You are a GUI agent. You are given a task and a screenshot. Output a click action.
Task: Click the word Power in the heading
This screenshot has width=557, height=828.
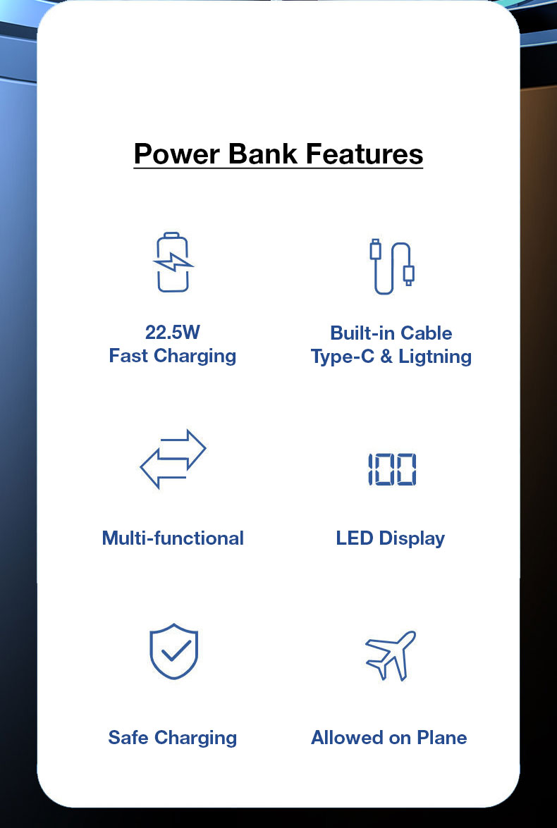tap(176, 154)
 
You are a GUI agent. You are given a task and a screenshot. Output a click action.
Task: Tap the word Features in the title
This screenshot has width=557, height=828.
tap(365, 154)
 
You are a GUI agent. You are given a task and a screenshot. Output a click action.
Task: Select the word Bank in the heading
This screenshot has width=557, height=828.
tap(263, 154)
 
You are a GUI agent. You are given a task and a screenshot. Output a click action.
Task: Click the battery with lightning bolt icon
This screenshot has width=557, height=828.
tap(173, 262)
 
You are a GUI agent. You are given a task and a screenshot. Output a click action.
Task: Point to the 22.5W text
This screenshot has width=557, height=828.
tap(172, 332)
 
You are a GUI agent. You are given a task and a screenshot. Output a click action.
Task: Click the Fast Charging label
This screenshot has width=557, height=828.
tap(172, 357)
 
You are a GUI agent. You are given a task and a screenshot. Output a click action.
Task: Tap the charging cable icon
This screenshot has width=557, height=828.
tap(391, 266)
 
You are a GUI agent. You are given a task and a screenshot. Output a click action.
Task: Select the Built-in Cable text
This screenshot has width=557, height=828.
tap(391, 333)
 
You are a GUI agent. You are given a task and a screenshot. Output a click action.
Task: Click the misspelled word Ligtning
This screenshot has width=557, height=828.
tap(435, 357)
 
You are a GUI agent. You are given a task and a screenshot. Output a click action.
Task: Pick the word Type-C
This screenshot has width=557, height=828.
tap(343, 357)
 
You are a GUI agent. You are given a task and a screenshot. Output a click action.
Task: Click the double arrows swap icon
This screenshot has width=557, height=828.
tap(173, 459)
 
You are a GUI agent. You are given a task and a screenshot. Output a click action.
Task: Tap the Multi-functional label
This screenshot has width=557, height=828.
tap(173, 538)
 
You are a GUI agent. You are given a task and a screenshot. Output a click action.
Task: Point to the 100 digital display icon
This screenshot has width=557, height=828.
tap(392, 469)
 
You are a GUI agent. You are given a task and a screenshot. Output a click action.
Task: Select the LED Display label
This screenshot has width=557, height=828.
tap(391, 538)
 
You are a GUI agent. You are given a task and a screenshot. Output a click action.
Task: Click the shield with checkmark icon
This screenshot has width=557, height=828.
tap(174, 651)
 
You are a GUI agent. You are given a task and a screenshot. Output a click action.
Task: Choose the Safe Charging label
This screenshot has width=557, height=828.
tap(172, 739)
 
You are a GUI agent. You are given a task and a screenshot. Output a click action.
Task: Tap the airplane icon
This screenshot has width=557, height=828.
tap(391, 655)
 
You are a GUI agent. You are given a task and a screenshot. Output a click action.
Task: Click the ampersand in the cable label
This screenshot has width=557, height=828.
tap(386, 357)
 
